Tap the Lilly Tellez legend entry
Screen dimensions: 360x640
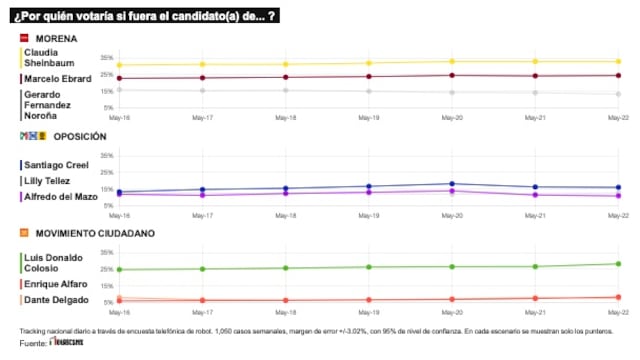click(46, 181)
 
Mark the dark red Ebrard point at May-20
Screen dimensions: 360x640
click(452, 75)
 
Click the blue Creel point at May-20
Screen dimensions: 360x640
click(452, 184)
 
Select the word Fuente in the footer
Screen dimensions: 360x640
click(32, 344)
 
